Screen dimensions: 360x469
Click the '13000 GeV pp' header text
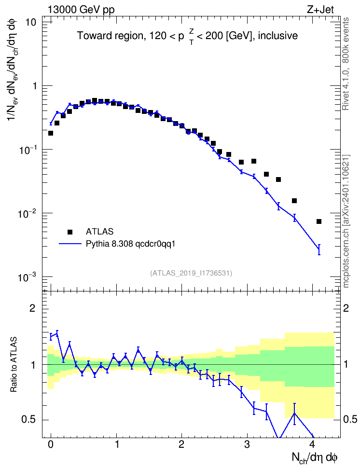click(81, 10)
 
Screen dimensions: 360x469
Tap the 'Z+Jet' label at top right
click(320, 10)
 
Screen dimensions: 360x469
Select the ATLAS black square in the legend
click(70, 232)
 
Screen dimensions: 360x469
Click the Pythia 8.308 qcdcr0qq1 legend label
click(130, 244)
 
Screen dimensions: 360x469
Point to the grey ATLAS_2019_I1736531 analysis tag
click(191, 273)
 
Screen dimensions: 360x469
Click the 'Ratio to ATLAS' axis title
click(14, 364)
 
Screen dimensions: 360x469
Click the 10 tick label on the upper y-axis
click(30, 22)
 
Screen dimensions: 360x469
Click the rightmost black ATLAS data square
click(319, 221)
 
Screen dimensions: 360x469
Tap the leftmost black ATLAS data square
click(51, 133)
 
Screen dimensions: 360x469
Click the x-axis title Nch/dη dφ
click(315, 458)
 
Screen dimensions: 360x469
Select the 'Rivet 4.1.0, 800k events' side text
click(346, 64)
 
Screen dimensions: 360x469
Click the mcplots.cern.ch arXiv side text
click(346, 221)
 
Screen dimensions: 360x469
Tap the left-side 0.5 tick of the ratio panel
click(29, 419)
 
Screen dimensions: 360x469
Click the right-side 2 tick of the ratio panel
click(346, 308)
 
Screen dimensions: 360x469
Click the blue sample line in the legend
click(70, 244)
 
